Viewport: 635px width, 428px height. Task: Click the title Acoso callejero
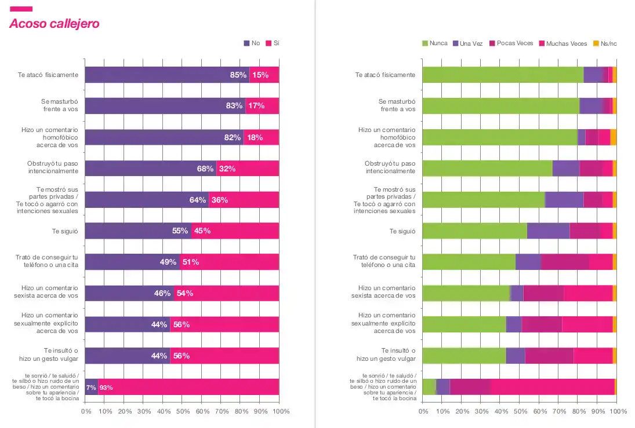click(x=54, y=24)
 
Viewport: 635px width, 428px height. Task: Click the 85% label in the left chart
click(x=238, y=75)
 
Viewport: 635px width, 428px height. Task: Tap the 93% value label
click(x=106, y=387)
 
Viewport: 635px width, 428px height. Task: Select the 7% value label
click(x=91, y=387)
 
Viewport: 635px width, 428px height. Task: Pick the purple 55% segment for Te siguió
click(x=138, y=231)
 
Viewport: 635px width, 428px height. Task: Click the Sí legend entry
click(x=273, y=43)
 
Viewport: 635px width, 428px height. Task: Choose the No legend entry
click(x=252, y=43)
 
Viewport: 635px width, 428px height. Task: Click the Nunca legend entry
click(x=434, y=43)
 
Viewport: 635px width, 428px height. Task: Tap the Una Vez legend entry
click(x=467, y=43)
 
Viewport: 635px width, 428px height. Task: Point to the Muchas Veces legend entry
click(x=563, y=43)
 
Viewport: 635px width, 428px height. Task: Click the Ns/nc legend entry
click(x=605, y=43)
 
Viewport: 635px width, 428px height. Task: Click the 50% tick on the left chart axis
click(x=183, y=411)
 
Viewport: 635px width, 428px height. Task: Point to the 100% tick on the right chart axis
click(x=619, y=411)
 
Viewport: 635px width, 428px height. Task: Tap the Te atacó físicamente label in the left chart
click(x=50, y=75)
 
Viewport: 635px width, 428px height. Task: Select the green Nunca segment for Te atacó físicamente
click(x=502, y=75)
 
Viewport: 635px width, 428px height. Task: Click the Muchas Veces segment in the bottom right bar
click(x=552, y=387)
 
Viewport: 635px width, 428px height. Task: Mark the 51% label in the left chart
click(x=191, y=262)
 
